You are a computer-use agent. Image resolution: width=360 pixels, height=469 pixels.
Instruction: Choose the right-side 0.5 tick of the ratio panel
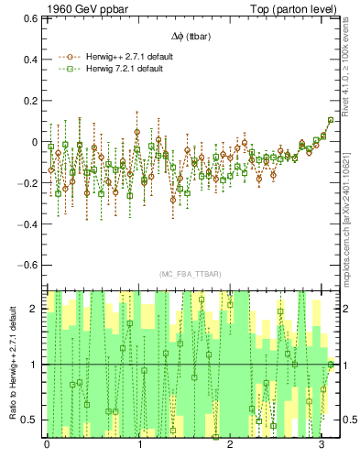coord(349,420)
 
